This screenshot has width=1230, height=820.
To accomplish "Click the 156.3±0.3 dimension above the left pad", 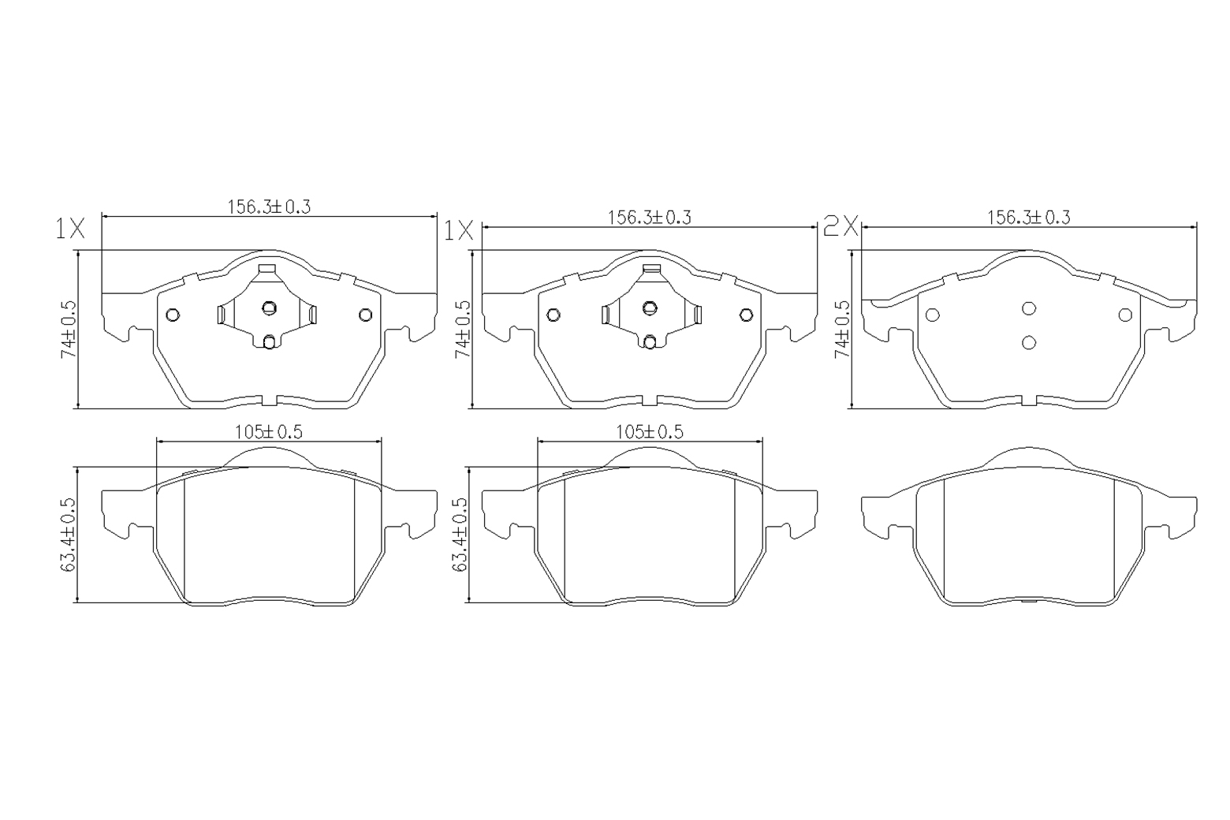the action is (269, 207).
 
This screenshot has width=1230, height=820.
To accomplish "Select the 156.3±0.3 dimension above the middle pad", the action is (649, 218).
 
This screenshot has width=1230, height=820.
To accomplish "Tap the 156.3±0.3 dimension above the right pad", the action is (1029, 218).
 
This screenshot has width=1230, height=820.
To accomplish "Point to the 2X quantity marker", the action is (841, 226).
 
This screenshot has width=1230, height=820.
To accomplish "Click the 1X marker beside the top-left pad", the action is (71, 229).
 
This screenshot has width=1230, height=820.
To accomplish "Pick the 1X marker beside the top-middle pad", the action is (459, 231).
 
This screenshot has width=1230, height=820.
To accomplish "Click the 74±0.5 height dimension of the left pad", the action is (69, 330).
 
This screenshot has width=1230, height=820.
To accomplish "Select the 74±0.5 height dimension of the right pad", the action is (842, 330).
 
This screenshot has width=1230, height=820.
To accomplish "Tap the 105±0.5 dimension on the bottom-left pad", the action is (269, 432).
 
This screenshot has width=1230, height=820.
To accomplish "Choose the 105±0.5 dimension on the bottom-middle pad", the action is (650, 432).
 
